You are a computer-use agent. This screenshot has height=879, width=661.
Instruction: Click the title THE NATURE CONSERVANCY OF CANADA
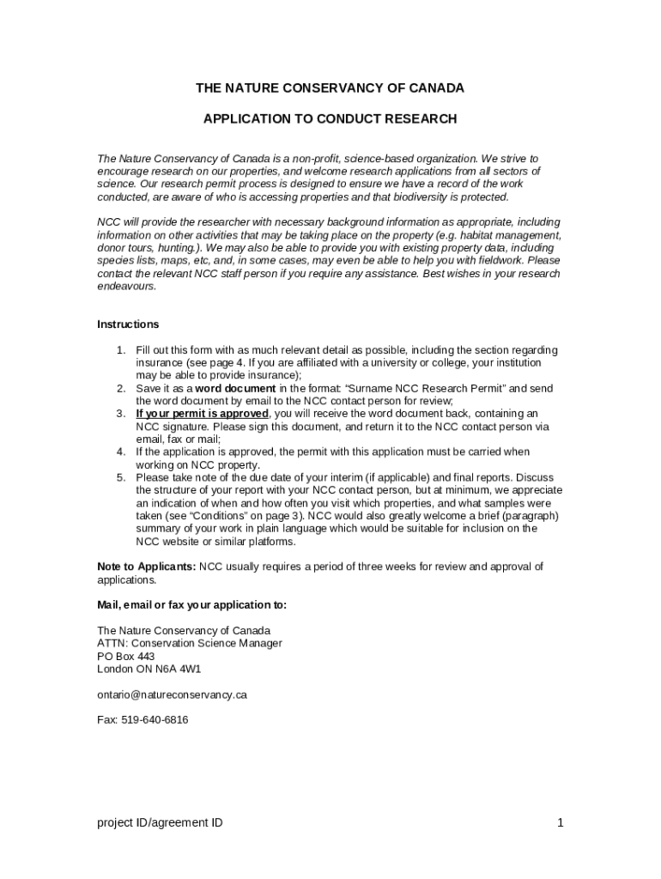[330, 88]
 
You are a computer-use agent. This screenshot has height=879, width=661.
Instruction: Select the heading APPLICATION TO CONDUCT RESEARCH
[330, 118]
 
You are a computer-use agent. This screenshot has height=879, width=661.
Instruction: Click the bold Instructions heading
[128, 324]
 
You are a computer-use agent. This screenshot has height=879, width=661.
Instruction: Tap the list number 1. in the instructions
[122, 350]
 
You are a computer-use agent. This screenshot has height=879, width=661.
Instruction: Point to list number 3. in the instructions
[122, 414]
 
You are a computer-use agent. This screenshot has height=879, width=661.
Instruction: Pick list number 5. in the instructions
[122, 477]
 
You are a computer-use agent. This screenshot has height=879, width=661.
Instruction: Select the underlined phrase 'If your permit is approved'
[202, 414]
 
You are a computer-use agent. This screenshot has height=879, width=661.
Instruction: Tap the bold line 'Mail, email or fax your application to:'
[192, 604]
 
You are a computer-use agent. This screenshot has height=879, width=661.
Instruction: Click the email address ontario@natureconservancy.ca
[172, 694]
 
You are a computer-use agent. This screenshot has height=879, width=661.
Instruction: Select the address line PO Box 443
[126, 656]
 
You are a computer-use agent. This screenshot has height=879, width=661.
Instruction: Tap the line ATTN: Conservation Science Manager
[190, 643]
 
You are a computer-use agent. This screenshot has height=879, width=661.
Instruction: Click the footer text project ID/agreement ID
[160, 823]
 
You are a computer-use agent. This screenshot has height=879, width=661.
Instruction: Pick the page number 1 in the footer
[560, 823]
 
